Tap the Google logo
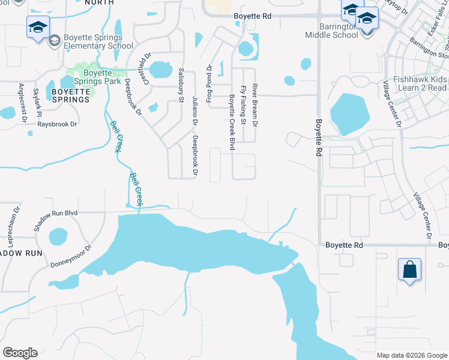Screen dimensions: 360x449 click(x=20, y=353)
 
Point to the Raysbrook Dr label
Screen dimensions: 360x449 click(x=58, y=124)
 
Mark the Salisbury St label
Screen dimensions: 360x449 click(x=180, y=80)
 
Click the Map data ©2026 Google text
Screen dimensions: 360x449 click(x=412, y=355)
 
